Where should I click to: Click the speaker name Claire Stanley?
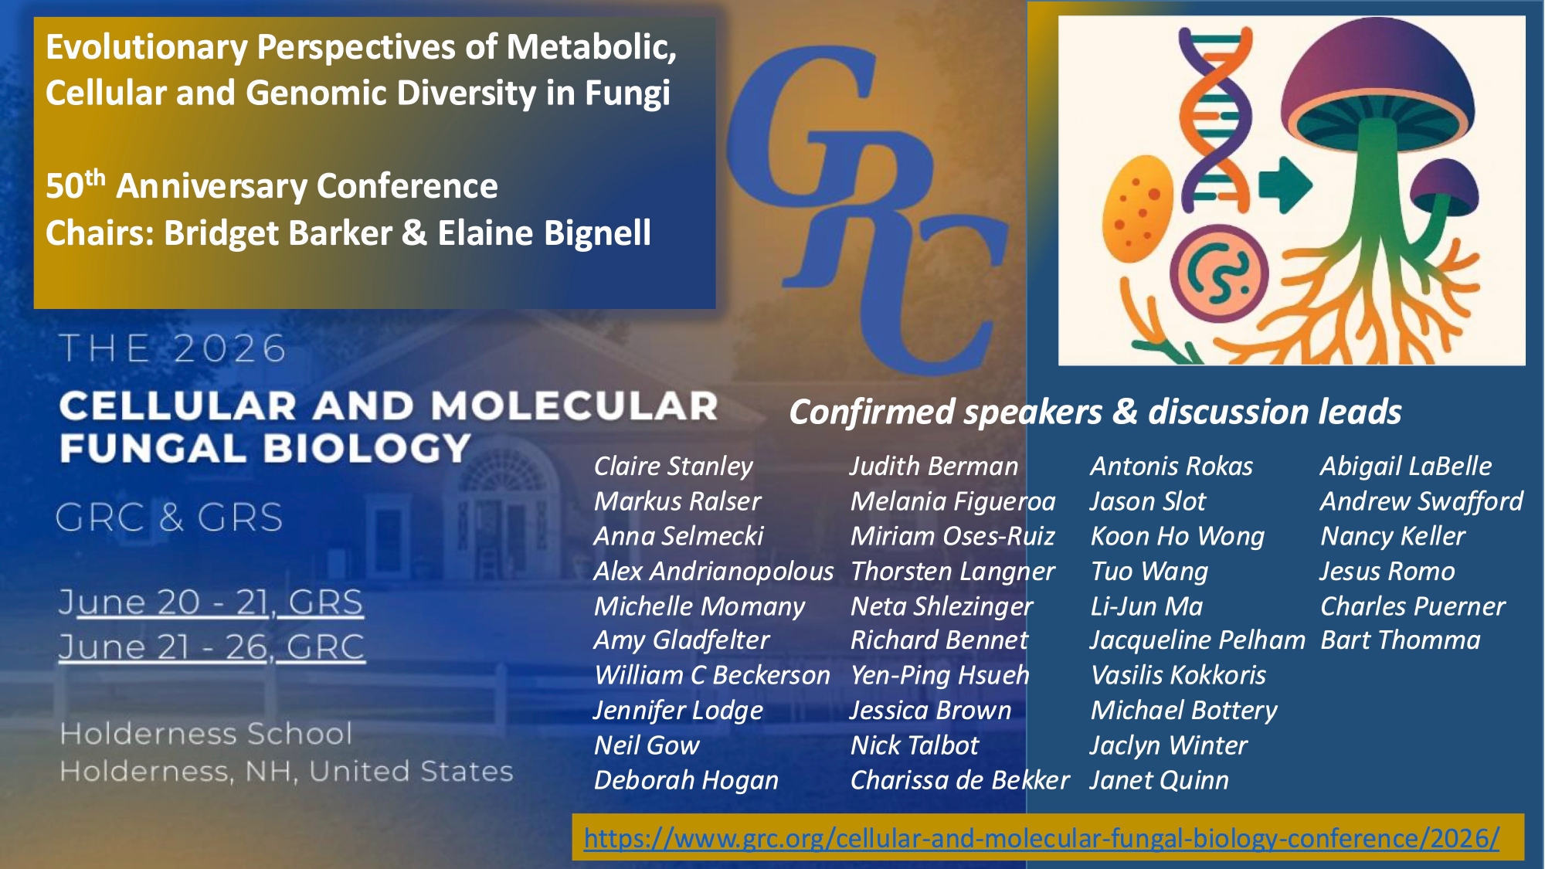click(x=673, y=467)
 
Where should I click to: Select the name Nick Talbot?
click(x=915, y=745)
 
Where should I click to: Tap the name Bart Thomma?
click(x=1401, y=640)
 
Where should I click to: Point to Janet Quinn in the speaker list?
click(x=1159, y=780)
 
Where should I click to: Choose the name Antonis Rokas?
click(x=1171, y=467)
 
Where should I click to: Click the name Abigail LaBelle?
click(x=1406, y=467)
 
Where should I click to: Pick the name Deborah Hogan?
click(x=686, y=780)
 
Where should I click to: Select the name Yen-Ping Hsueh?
click(x=940, y=676)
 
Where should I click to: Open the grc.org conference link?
click(x=1041, y=838)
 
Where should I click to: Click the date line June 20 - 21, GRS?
click(x=210, y=603)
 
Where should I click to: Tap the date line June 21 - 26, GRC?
click(x=211, y=647)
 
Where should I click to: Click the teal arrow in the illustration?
click(x=1285, y=185)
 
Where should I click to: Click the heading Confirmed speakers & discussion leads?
click(x=1095, y=412)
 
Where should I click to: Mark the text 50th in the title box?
click(x=75, y=185)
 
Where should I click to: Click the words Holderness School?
click(x=205, y=734)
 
